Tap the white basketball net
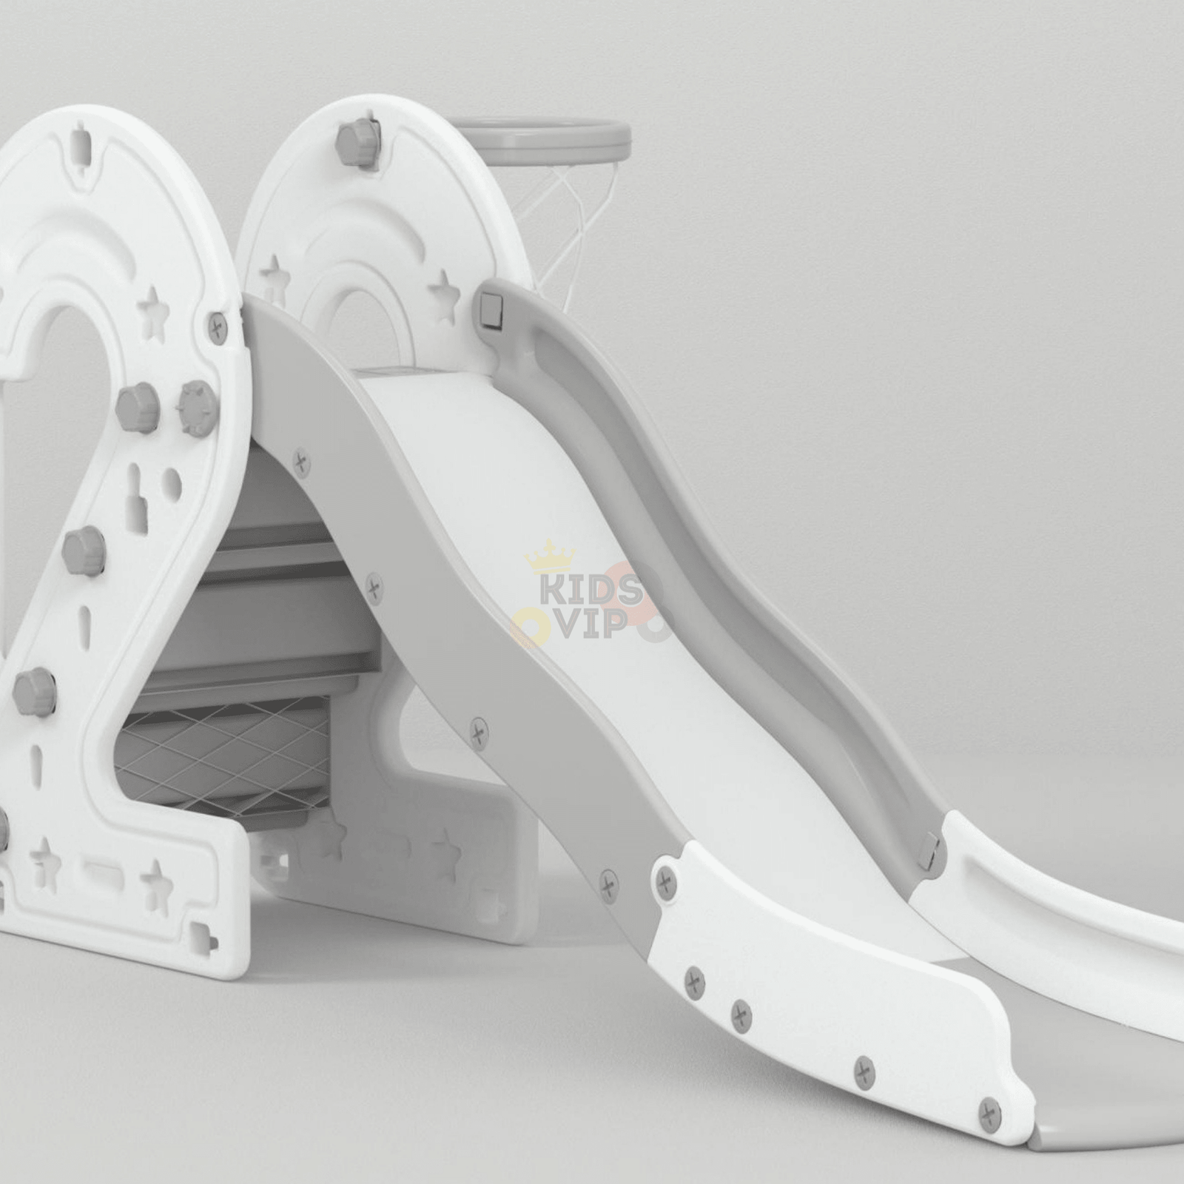pos(562,215)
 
